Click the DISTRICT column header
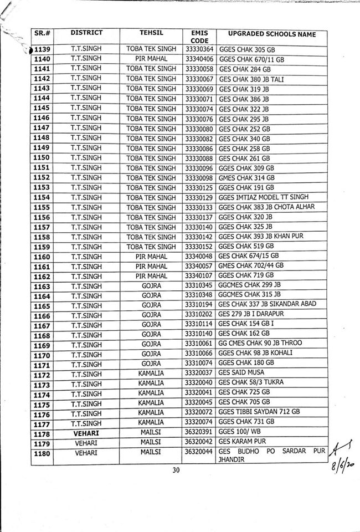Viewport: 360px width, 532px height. [86, 33]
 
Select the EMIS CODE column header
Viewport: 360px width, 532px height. [198, 37]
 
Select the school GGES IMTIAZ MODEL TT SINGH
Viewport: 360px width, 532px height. [263, 197]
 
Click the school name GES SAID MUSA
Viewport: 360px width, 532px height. [241, 372]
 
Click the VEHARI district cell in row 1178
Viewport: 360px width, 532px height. [86, 432]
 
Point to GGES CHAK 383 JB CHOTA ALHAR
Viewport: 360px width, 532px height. [266, 207]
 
